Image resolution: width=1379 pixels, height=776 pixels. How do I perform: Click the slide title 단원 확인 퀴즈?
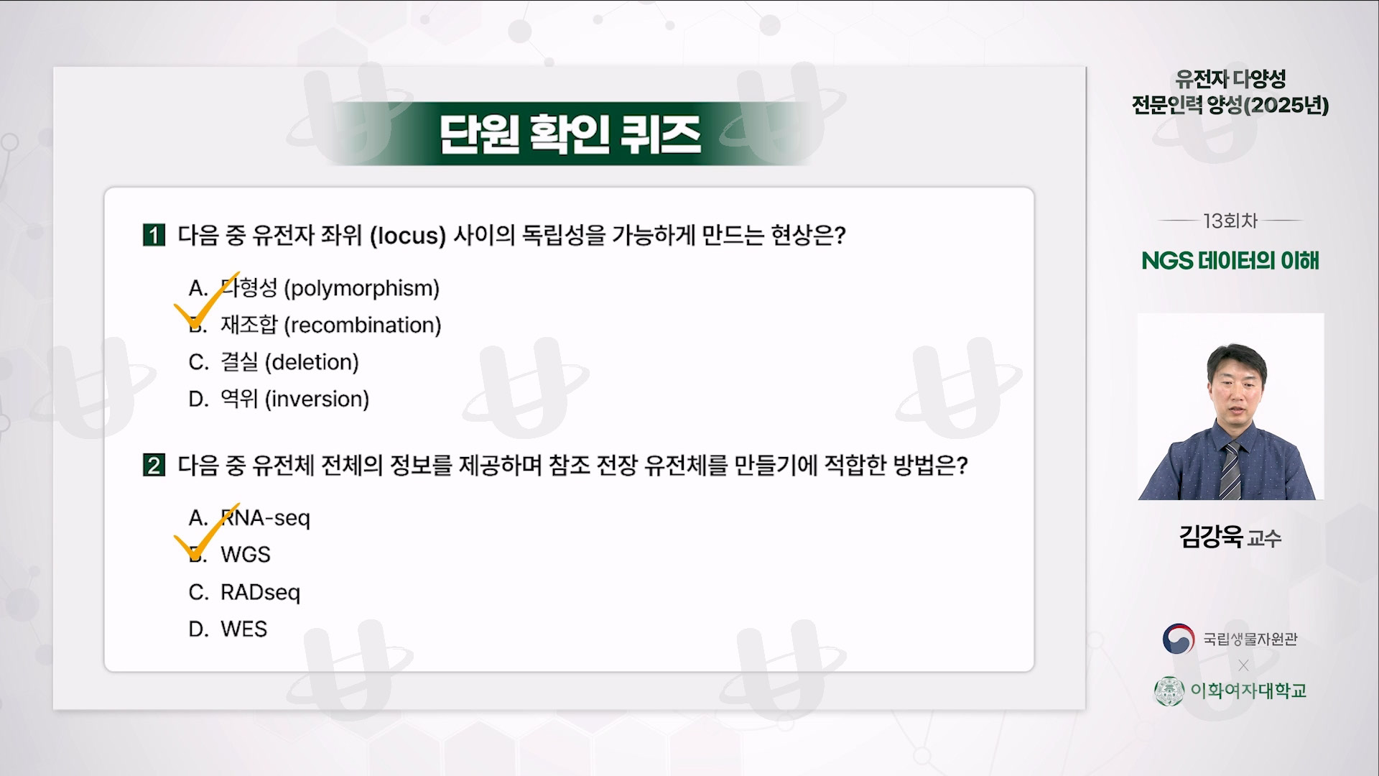click(x=570, y=134)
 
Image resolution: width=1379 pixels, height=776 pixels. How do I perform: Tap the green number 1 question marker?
click(x=154, y=235)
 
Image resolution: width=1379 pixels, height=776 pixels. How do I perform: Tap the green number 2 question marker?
click(x=154, y=466)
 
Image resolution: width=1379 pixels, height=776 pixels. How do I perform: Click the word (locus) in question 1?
click(x=408, y=236)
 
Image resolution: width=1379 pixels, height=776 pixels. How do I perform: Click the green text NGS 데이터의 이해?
click(x=1230, y=260)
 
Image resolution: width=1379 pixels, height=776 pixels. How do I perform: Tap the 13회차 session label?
click(x=1230, y=221)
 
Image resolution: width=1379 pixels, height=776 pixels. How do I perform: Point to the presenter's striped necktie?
click(x=1229, y=471)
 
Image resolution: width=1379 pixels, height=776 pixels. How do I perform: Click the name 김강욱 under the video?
click(x=1210, y=536)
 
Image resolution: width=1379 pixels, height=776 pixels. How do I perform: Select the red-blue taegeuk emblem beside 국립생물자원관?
click(x=1178, y=639)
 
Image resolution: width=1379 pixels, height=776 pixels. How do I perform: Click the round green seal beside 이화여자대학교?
click(x=1169, y=691)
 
